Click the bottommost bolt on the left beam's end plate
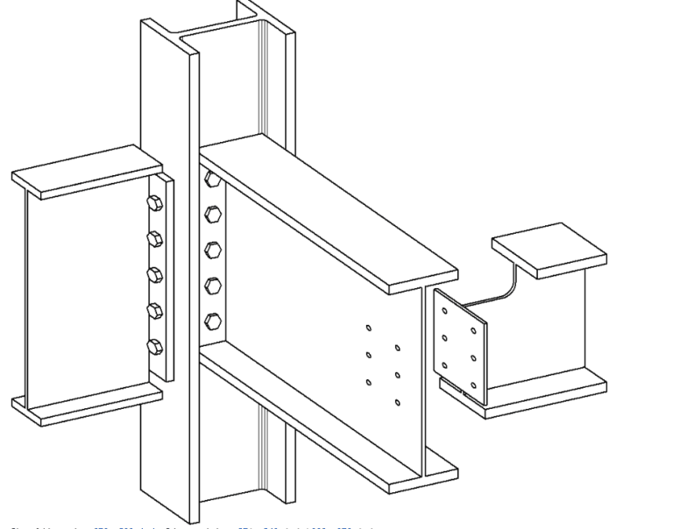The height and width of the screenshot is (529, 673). [155, 345]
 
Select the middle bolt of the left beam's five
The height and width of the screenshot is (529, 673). [155, 274]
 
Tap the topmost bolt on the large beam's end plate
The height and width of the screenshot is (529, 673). [211, 181]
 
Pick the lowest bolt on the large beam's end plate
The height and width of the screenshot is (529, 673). [211, 320]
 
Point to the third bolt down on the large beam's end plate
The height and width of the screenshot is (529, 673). [211, 250]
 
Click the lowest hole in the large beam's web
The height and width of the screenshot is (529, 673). [398, 403]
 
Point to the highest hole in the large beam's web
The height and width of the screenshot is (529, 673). [369, 328]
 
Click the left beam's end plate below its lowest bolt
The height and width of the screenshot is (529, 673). [158, 366]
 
